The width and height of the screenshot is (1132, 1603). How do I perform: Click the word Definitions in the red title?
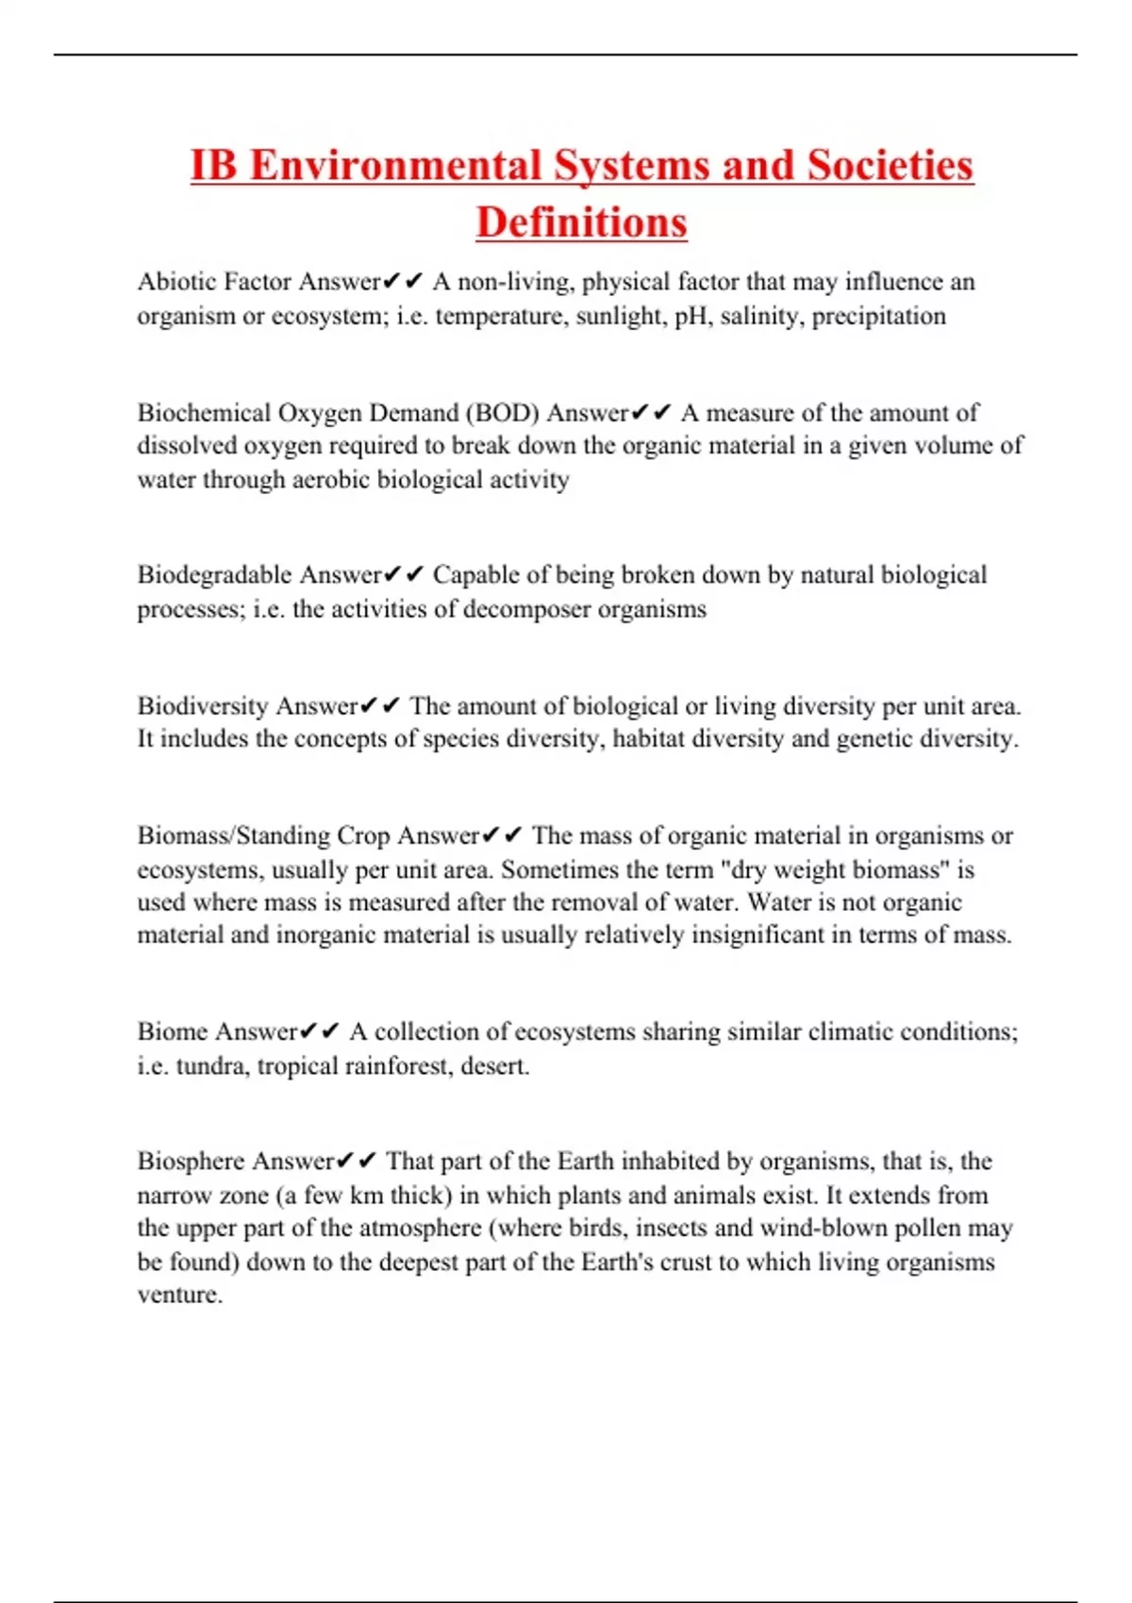(581, 223)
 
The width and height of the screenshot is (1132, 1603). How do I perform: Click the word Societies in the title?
(890, 165)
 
